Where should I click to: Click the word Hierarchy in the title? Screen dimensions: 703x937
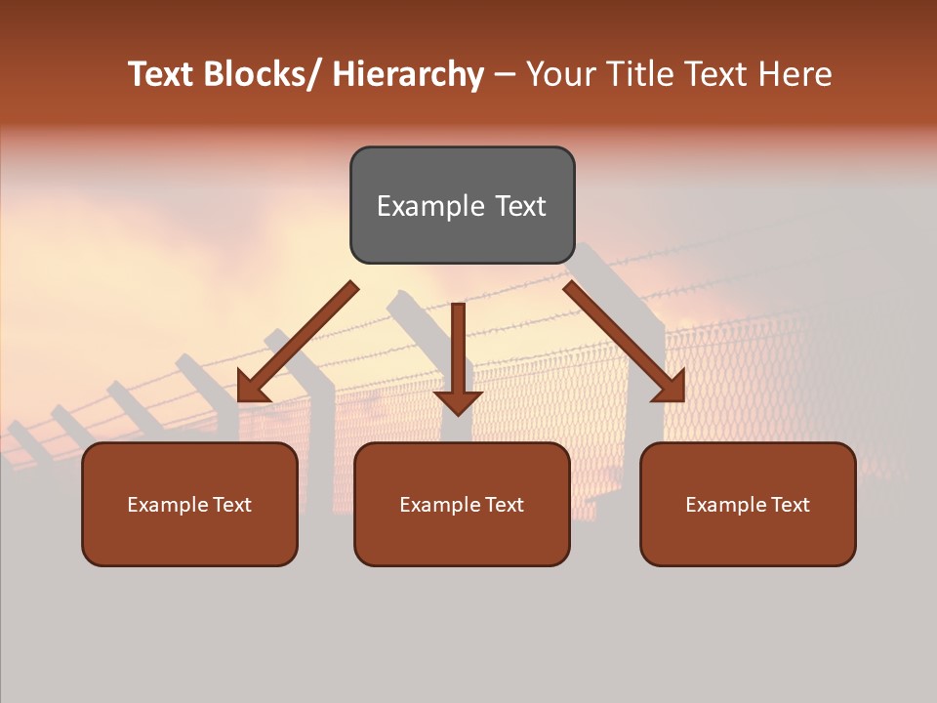(x=408, y=74)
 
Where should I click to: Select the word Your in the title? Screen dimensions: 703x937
(x=560, y=74)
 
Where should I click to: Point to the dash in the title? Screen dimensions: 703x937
(x=505, y=74)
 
